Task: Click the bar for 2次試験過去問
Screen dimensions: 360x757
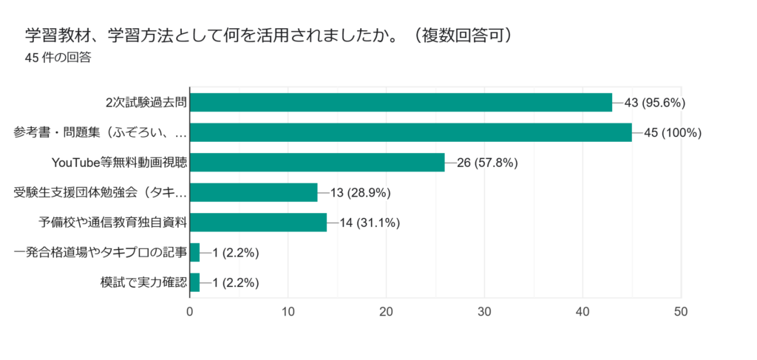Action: [401, 102]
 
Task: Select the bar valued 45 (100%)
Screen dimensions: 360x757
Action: [410, 132]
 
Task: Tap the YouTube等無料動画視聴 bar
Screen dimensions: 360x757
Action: [317, 163]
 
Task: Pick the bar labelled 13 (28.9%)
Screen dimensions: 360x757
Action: [254, 193]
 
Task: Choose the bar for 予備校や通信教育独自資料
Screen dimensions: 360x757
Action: [258, 223]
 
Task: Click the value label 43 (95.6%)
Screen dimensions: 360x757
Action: [655, 103]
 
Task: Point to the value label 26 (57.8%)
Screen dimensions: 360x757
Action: [487, 163]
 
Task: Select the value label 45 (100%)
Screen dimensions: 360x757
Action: [673, 132]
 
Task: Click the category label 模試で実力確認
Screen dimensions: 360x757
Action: [143, 282]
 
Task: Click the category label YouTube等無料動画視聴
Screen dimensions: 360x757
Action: [118, 163]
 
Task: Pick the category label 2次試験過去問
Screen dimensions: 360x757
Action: [146, 103]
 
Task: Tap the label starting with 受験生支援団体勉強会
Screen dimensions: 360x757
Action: [101, 193]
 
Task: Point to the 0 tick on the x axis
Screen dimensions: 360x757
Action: [190, 312]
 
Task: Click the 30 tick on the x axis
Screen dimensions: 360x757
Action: [484, 312]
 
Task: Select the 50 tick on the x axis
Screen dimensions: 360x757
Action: [680, 312]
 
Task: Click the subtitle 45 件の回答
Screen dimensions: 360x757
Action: [58, 57]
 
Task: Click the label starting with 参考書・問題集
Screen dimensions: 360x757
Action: [101, 133]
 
